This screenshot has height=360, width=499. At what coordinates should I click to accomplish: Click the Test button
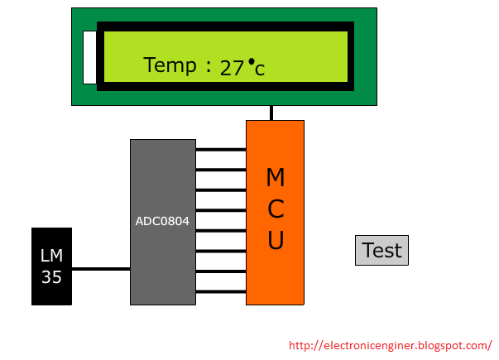[381, 250]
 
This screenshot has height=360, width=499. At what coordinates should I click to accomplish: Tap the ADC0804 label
[163, 221]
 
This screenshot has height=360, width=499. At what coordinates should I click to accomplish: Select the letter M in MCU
[276, 177]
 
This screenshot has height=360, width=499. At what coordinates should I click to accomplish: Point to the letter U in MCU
[276, 240]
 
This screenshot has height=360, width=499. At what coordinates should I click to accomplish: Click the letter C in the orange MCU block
[276, 209]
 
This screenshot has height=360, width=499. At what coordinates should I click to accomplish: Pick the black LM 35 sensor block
[51, 266]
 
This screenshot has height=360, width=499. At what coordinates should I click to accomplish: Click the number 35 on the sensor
[51, 277]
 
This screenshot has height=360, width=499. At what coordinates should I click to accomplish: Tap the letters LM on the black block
[51, 256]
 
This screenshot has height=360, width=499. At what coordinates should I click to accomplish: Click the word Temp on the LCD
[170, 65]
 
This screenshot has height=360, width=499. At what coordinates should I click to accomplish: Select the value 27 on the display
[232, 69]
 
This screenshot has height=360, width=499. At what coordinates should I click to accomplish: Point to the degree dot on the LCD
[252, 61]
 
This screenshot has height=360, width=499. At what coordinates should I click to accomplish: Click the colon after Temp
[209, 67]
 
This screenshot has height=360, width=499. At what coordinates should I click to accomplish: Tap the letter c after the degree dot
[260, 70]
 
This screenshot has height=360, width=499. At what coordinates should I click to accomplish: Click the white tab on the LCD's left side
[89, 58]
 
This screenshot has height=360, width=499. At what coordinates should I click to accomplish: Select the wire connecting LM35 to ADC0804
[101, 269]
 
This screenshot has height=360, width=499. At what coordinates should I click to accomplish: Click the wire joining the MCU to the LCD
[271, 113]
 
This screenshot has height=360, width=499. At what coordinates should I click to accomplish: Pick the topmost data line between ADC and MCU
[221, 149]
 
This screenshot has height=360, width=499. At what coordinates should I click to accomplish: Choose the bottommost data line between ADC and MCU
[221, 291]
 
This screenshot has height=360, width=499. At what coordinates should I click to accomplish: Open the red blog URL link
[391, 346]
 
